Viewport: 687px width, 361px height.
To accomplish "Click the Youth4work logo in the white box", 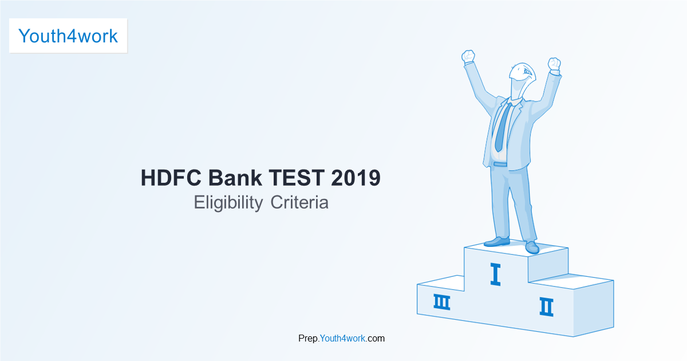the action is point(68,36).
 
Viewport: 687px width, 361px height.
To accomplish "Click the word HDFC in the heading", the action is point(171,178).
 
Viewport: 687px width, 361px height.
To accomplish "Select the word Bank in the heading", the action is point(235,178).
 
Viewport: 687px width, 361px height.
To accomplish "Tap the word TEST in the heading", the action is point(297,178).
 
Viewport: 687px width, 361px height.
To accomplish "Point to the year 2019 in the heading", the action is point(356,178).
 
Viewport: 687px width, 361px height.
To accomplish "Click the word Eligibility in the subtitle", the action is point(228,203).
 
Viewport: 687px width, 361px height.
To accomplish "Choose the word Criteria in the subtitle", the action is point(299,203).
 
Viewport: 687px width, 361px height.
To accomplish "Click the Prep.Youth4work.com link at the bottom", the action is point(341,338).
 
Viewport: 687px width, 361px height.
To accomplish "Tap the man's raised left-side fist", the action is point(468,56).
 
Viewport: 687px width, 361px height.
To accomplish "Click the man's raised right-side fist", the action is point(554,64).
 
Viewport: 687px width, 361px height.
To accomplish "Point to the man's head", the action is point(522,79).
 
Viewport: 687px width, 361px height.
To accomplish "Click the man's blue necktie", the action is point(503,127).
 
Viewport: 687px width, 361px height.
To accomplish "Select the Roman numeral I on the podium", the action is point(496,274).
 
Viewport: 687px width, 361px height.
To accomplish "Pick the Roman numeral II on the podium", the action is point(547,307).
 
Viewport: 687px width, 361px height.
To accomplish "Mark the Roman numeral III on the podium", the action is point(441,302).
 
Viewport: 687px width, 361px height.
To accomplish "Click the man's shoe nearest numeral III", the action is point(497,242).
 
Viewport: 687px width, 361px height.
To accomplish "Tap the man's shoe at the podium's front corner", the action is point(532,247).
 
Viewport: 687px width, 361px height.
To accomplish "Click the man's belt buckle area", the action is point(500,164).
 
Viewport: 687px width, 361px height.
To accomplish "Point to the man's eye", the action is point(527,72).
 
